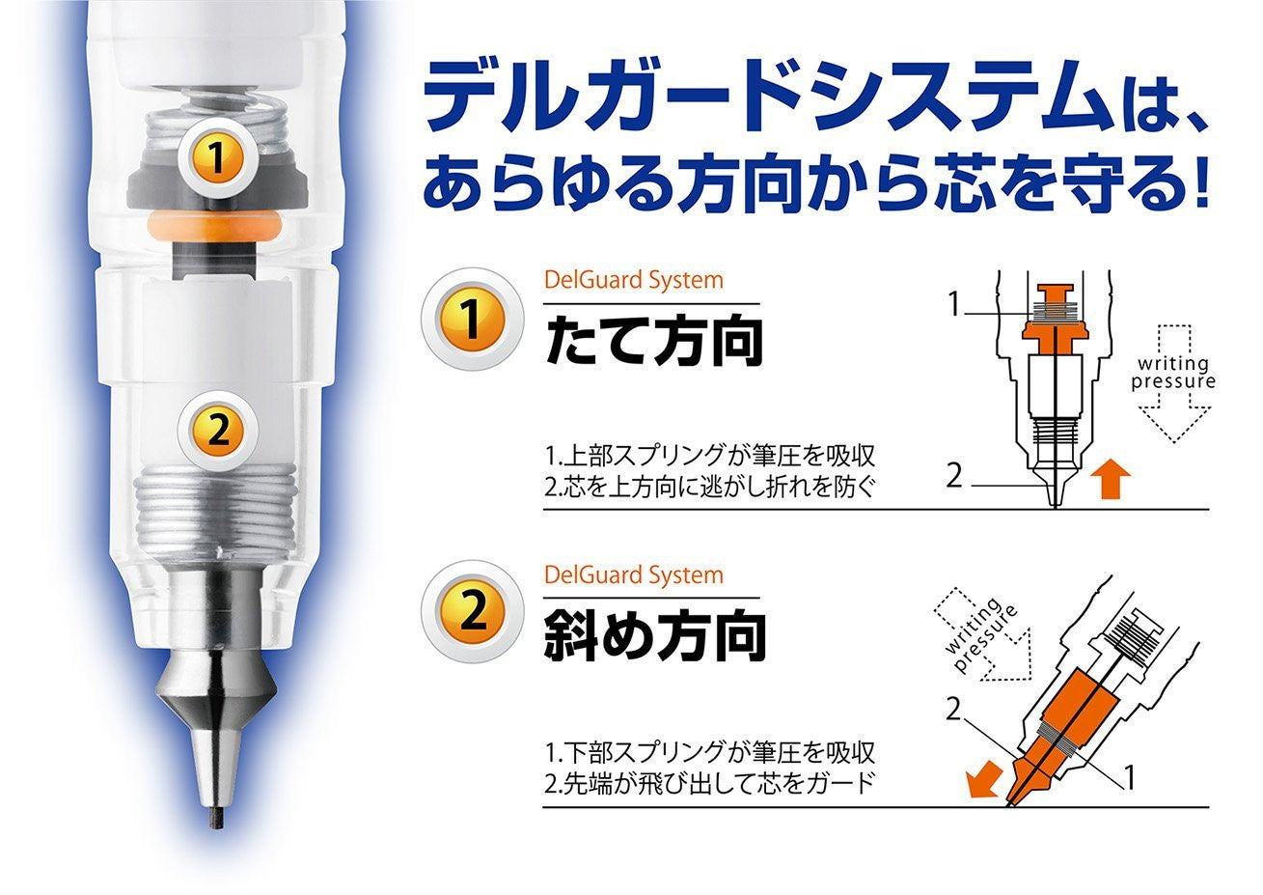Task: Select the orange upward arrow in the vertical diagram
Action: pos(1114,480)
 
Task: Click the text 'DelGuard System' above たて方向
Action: pos(633,281)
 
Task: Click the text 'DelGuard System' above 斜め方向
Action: pos(633,575)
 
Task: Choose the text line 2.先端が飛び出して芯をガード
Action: pos(709,780)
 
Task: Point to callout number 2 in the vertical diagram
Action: pos(954,475)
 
